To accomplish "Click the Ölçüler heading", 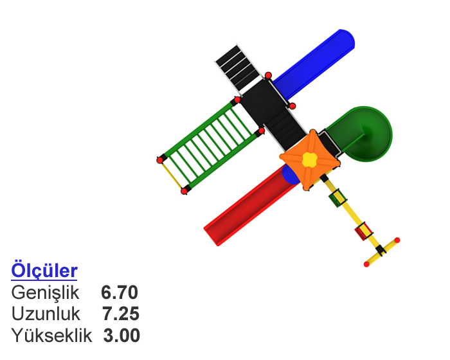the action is (44, 270).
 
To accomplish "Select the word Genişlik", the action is (45, 293).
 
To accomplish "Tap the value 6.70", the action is (120, 292).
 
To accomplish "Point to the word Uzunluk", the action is (46, 314).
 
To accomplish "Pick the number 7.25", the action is (121, 314).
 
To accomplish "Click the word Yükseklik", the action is (51, 335).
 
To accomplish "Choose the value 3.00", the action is (122, 336).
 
